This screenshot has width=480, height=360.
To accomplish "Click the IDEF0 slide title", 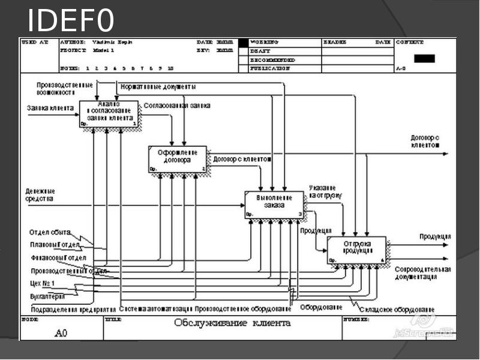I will pos(71,21).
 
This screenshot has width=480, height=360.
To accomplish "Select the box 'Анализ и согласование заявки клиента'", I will pos(109,113).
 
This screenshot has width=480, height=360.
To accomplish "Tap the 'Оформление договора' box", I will pos(177,158).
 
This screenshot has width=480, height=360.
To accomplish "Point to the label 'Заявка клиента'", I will pos(50,109).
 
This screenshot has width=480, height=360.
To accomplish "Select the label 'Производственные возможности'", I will pos(64,89).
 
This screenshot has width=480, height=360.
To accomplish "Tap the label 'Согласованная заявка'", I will pos(177,106).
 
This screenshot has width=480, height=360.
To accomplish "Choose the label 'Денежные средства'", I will pos(40,194).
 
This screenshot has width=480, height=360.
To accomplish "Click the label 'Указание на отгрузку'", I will pos(326,191).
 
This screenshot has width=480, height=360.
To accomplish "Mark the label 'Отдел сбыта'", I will pos(50,232).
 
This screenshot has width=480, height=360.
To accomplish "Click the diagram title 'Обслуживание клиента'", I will pos(232,323).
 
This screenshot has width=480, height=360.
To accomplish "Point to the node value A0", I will pos(62,332).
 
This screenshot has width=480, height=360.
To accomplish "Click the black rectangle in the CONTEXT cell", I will pos(425,58).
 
